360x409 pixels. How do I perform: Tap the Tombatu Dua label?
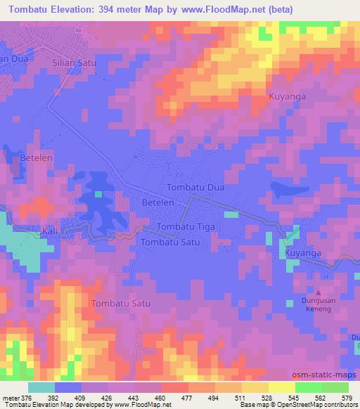click(194, 188)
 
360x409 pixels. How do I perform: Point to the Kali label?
click(51, 230)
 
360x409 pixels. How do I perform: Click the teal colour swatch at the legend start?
click(41, 387)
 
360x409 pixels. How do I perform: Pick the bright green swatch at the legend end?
click(335, 387)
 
